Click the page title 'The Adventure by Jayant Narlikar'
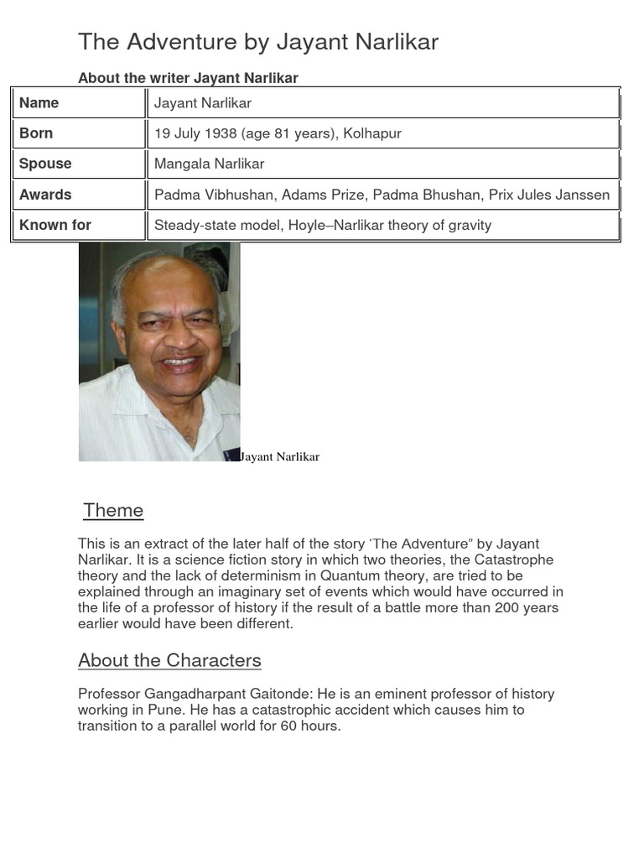(x=258, y=42)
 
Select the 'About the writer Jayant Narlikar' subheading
(x=188, y=78)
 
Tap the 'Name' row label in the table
(x=39, y=103)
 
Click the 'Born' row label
(x=36, y=133)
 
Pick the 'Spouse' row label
(x=45, y=164)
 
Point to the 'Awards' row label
(x=45, y=195)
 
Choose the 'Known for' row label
(x=55, y=225)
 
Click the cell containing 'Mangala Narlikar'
(x=209, y=164)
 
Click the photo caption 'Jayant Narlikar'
(x=279, y=457)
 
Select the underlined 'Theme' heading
(x=113, y=511)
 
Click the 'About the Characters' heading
(x=169, y=661)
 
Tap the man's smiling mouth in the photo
(x=179, y=362)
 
